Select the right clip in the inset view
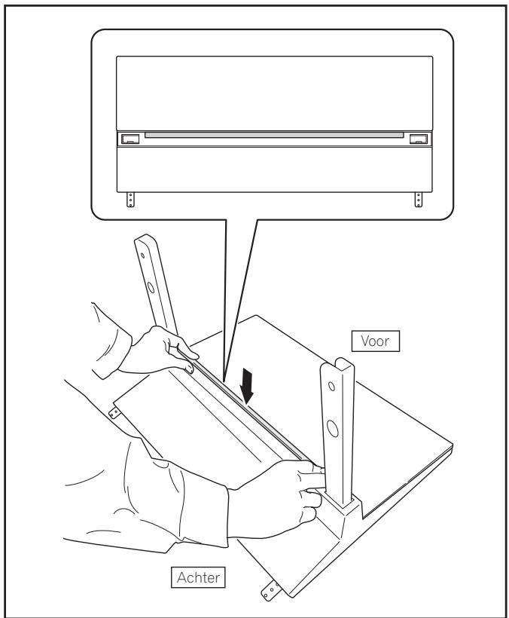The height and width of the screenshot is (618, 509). pos(417,139)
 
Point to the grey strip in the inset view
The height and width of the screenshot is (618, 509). pos(274,136)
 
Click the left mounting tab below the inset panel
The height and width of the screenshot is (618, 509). pos(130,199)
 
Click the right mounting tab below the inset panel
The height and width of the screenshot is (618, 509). pos(419,199)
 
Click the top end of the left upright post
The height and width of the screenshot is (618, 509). pos(144,240)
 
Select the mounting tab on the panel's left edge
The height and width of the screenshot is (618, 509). pos(115,412)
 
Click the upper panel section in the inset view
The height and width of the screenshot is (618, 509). pos(274,90)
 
